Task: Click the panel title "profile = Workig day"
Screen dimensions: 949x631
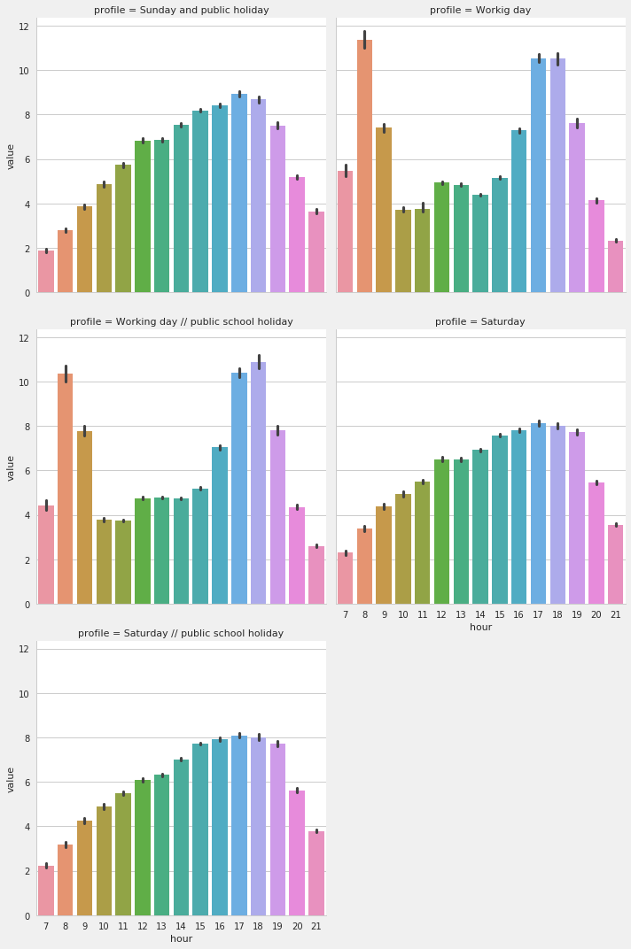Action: pos(480,11)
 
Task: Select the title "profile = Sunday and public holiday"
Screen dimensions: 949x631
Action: pos(182,11)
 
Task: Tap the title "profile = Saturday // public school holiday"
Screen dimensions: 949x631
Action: pos(181,634)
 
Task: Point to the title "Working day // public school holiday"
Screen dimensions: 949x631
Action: pos(182,322)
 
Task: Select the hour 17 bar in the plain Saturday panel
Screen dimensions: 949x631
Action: pos(538,514)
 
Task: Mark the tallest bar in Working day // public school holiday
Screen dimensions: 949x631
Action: pos(258,483)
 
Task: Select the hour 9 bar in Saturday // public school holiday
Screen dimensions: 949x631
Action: pos(84,868)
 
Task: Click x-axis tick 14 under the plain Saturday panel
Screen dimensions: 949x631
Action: pos(480,614)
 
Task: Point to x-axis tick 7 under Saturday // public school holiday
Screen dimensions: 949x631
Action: pos(46,926)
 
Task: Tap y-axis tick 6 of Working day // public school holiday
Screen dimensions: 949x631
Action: pos(27,471)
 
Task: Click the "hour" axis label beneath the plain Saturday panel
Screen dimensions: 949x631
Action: pos(480,628)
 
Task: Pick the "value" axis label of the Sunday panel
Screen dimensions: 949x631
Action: pos(11,156)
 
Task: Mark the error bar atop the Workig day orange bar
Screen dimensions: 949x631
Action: pos(364,40)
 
